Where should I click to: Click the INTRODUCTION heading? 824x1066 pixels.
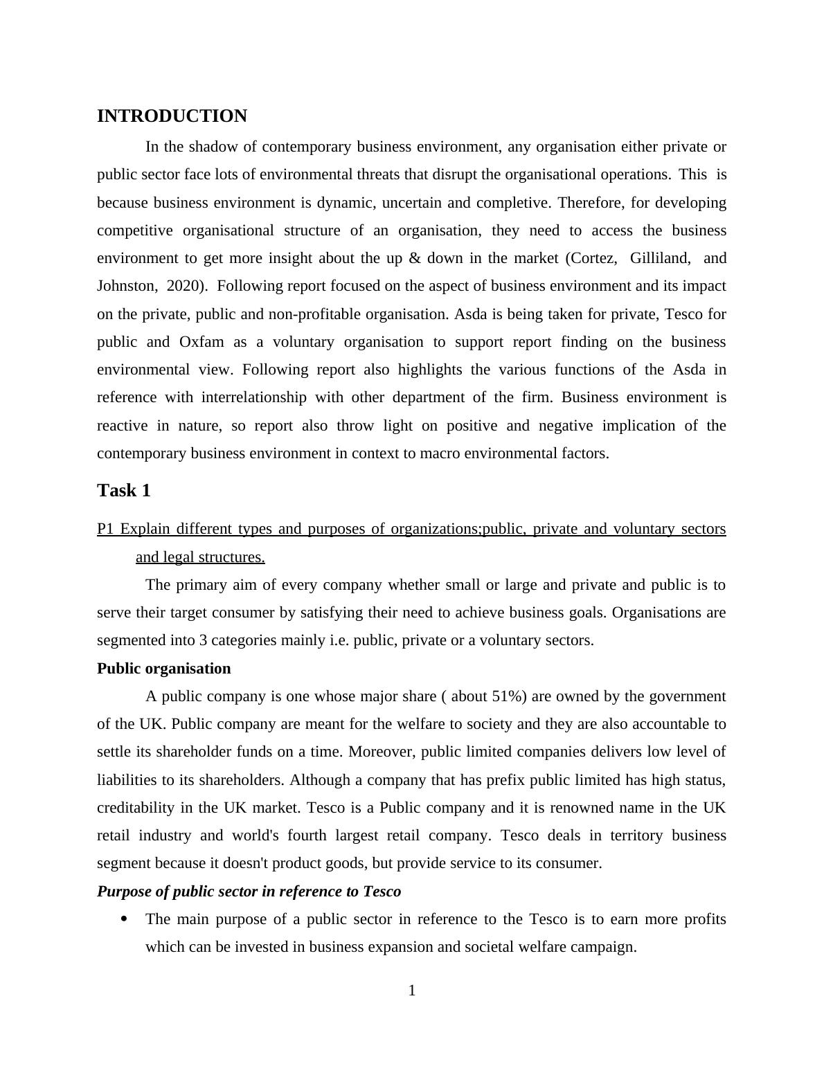coord(172,116)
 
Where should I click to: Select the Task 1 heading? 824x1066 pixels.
coord(124,491)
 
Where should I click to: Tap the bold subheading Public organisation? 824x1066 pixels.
coord(163,669)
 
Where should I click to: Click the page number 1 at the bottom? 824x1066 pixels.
coord(412,991)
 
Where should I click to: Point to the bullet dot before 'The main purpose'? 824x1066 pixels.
coord(125,919)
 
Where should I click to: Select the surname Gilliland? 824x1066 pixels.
coord(659,258)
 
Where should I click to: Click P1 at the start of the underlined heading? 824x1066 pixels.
coord(105,529)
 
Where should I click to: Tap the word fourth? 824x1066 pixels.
coord(307,835)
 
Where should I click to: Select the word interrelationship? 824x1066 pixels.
coord(253,397)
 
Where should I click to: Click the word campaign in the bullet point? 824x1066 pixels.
coord(602,947)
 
